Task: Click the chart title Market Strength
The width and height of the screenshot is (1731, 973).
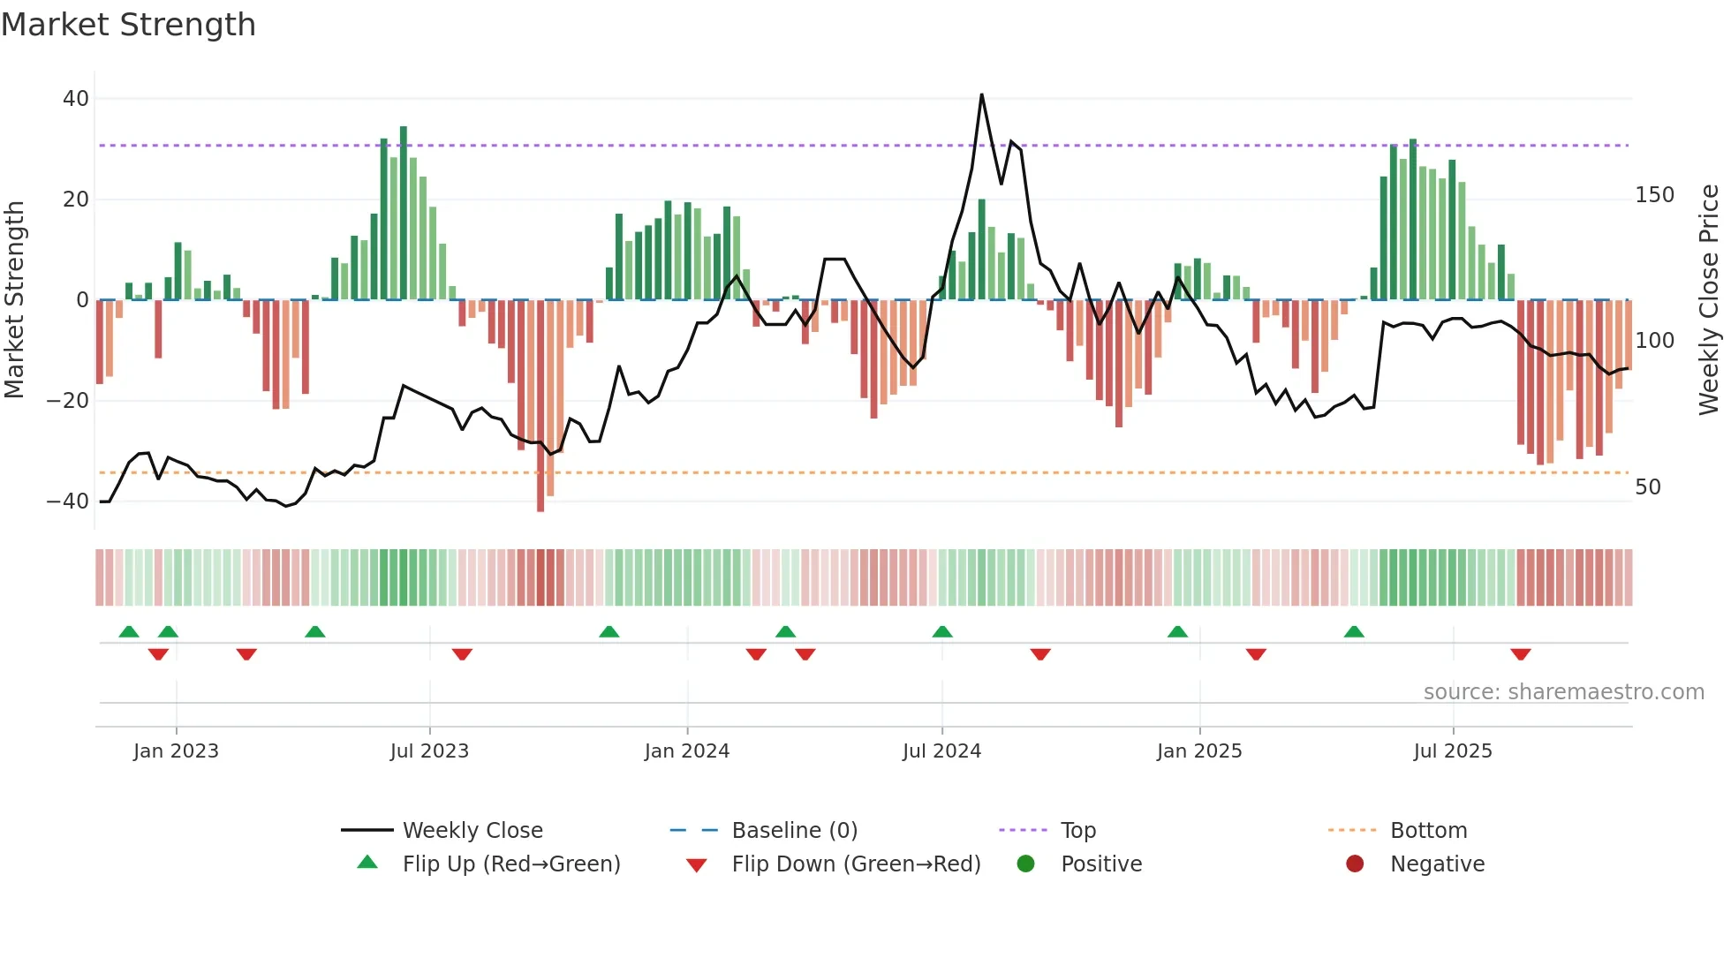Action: click(x=128, y=25)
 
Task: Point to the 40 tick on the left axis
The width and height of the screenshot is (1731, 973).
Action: click(x=76, y=99)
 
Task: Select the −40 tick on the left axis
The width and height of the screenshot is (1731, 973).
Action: click(x=68, y=502)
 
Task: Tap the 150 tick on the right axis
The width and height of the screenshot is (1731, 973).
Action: click(x=1654, y=195)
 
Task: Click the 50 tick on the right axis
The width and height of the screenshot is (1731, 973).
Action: click(x=1648, y=487)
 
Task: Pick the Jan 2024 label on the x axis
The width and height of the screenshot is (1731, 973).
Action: click(x=687, y=751)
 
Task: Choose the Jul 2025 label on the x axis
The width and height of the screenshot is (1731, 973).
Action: click(x=1453, y=751)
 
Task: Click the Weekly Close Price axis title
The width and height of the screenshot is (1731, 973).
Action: click(x=1709, y=300)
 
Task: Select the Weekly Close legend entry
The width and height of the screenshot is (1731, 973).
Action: click(x=472, y=831)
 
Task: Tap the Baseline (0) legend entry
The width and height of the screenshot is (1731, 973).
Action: click(x=794, y=831)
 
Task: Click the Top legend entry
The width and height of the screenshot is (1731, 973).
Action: click(x=1077, y=831)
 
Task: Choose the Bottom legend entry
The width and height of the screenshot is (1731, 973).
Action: click(x=1428, y=831)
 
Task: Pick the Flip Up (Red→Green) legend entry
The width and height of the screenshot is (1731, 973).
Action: click(x=511, y=864)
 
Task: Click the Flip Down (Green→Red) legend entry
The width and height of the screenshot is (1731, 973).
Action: click(x=856, y=864)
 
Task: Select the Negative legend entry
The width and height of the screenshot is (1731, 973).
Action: click(x=1437, y=864)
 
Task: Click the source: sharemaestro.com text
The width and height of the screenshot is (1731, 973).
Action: click(x=1563, y=692)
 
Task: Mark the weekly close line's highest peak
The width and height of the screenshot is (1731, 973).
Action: click(x=981, y=95)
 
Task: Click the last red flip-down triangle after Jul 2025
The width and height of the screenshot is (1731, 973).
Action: click(x=1520, y=654)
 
